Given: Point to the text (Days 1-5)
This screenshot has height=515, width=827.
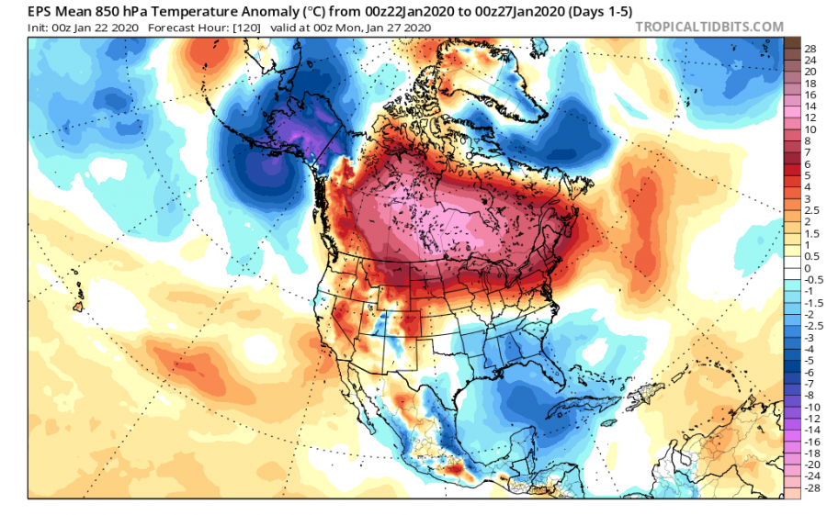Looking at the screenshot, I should pyautogui.click(x=591, y=8).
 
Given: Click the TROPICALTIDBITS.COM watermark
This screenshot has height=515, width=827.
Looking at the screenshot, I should pyautogui.click(x=709, y=27).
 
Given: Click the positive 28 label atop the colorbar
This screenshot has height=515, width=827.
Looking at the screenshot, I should pyautogui.click(x=811, y=48).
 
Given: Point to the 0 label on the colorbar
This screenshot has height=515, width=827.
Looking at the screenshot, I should pyautogui.click(x=808, y=268).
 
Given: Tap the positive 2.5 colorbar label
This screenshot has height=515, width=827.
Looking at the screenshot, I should pyautogui.click(x=811, y=210).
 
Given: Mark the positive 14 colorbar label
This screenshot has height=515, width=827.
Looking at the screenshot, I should pyautogui.click(x=811, y=106).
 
